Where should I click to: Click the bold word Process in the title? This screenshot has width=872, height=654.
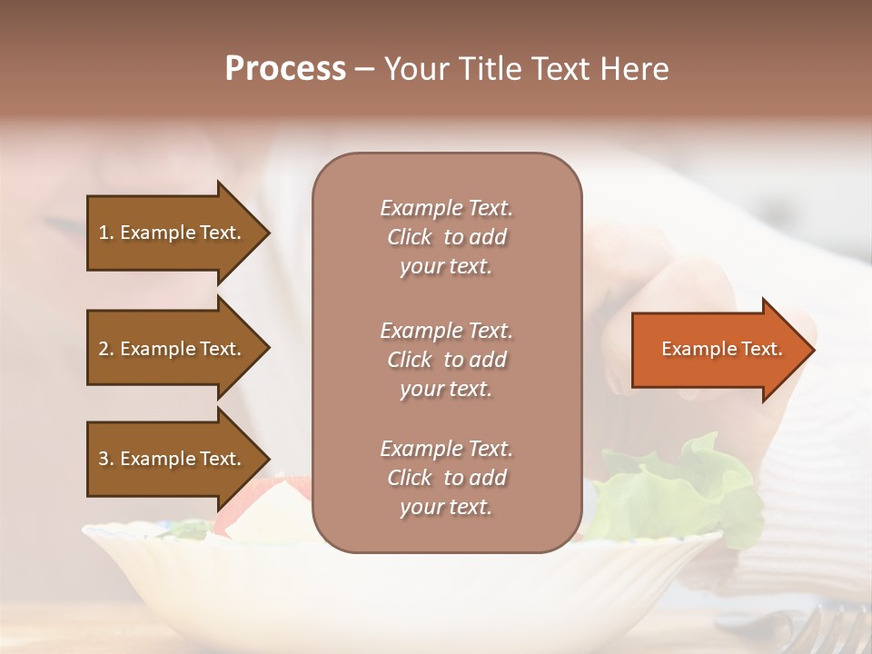pos(285,69)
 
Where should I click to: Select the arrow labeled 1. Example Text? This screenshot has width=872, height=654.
pos(173,233)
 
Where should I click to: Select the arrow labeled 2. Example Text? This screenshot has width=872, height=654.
pos(173,349)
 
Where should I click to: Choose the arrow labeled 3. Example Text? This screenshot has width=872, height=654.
pos(173,459)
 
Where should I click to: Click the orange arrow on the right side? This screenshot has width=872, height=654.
pos(718,349)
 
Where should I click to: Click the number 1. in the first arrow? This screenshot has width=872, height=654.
pos(106,233)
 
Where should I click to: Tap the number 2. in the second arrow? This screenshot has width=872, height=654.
pos(106,349)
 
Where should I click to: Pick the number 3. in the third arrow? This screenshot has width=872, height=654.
pos(106,459)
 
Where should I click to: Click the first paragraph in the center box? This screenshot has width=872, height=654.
pos(446,237)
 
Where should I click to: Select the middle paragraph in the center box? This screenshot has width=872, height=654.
pos(446,360)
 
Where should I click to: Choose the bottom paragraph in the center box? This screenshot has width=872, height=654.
pos(446,478)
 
